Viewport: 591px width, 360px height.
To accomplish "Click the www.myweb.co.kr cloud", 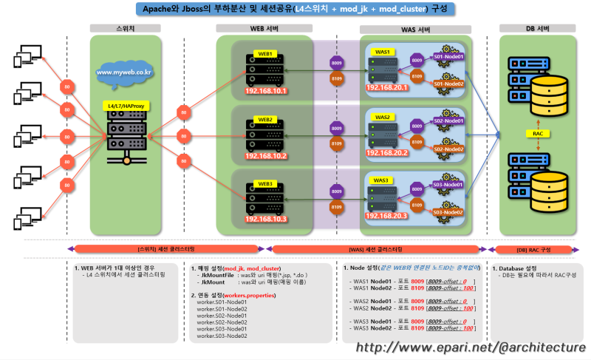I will [123, 72].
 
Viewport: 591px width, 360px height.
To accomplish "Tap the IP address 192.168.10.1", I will [265, 91].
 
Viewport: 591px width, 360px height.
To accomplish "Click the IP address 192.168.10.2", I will [265, 156].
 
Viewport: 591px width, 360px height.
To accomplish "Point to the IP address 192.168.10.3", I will [265, 219].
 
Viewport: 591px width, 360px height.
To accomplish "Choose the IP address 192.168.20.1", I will [387, 87].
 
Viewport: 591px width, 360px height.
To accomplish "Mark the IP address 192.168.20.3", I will [387, 215].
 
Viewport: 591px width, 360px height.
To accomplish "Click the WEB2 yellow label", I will [265, 119].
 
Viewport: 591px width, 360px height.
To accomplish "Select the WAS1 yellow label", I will [382, 52].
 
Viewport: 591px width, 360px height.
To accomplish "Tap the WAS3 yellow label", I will [382, 180].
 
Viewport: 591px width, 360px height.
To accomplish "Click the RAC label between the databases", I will [539, 134].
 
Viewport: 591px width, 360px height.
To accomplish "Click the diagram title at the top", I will [295, 9].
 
